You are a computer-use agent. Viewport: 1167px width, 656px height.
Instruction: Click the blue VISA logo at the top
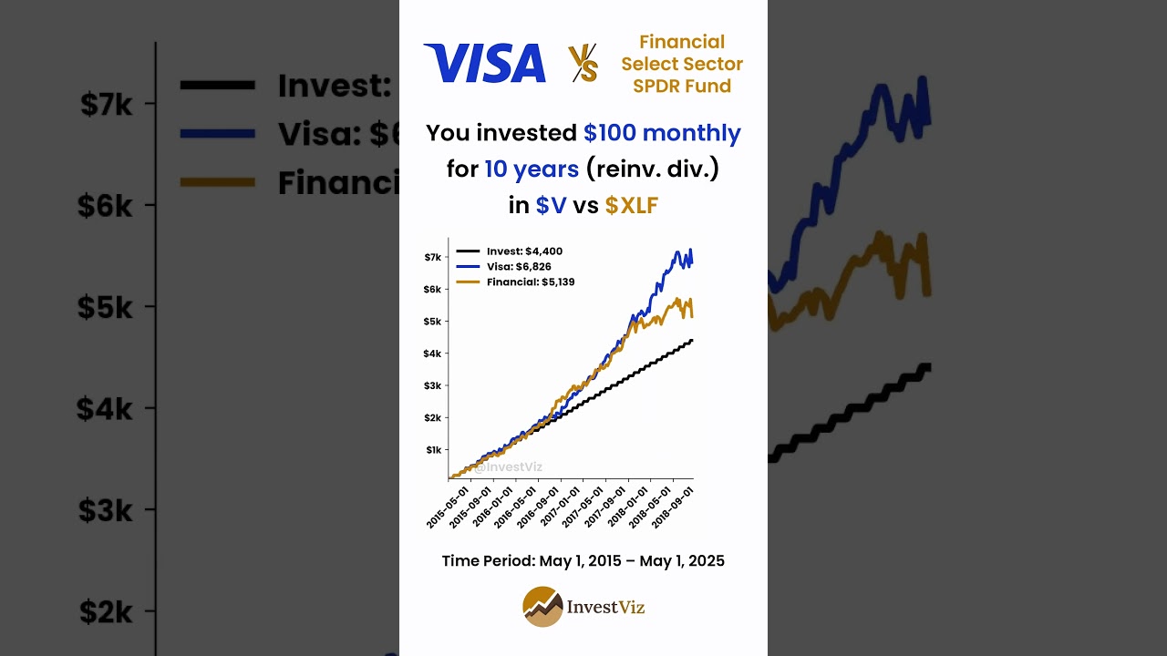pos(484,64)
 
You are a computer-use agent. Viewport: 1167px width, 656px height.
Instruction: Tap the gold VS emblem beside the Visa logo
pos(583,64)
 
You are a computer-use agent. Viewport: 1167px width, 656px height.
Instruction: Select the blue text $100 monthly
pos(662,133)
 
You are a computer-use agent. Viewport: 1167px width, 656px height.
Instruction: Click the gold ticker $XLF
pos(631,206)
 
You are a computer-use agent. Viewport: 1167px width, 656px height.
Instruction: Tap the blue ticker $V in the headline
pos(551,206)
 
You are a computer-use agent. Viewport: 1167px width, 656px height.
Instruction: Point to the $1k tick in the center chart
pos(433,450)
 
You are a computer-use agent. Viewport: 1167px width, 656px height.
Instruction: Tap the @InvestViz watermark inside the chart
pos(508,467)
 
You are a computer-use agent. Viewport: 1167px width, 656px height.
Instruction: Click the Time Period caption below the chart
pos(583,560)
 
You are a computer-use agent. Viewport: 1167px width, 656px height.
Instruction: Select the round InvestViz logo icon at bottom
pos(542,607)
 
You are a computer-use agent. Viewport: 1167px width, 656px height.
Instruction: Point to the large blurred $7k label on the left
pos(107,105)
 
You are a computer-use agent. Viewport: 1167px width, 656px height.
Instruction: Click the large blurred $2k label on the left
pos(107,611)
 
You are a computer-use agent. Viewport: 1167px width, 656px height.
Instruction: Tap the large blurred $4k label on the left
pos(105,408)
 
